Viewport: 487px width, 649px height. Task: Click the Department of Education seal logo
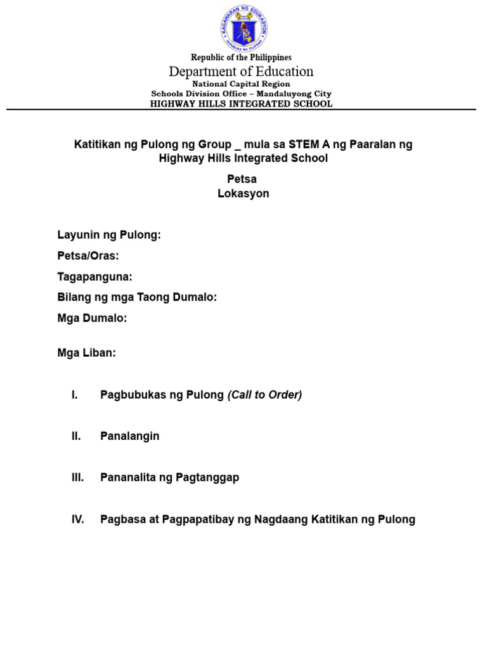coord(243,28)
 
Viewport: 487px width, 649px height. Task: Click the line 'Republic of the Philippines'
coord(241,58)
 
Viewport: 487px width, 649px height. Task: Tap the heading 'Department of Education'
coord(241,71)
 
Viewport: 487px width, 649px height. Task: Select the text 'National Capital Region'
coord(241,84)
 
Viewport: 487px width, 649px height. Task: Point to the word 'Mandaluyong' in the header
coord(287,94)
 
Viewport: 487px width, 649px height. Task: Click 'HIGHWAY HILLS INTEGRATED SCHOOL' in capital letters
coord(241,103)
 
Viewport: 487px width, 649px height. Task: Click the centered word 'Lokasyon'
coord(243,193)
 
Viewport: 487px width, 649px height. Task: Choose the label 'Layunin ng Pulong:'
coord(109,235)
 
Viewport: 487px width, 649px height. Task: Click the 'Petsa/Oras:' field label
coord(88,256)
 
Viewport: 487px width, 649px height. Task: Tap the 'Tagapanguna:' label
coord(94,277)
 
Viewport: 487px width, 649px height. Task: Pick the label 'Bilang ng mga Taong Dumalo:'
coord(137,297)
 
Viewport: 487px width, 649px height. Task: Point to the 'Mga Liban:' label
coord(87,353)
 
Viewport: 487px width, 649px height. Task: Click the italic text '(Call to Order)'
coord(264,395)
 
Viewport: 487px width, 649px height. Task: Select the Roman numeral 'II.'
coord(76,436)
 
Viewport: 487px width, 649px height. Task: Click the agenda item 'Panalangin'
coord(130,436)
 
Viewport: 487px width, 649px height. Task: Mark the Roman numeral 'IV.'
coord(77,520)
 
